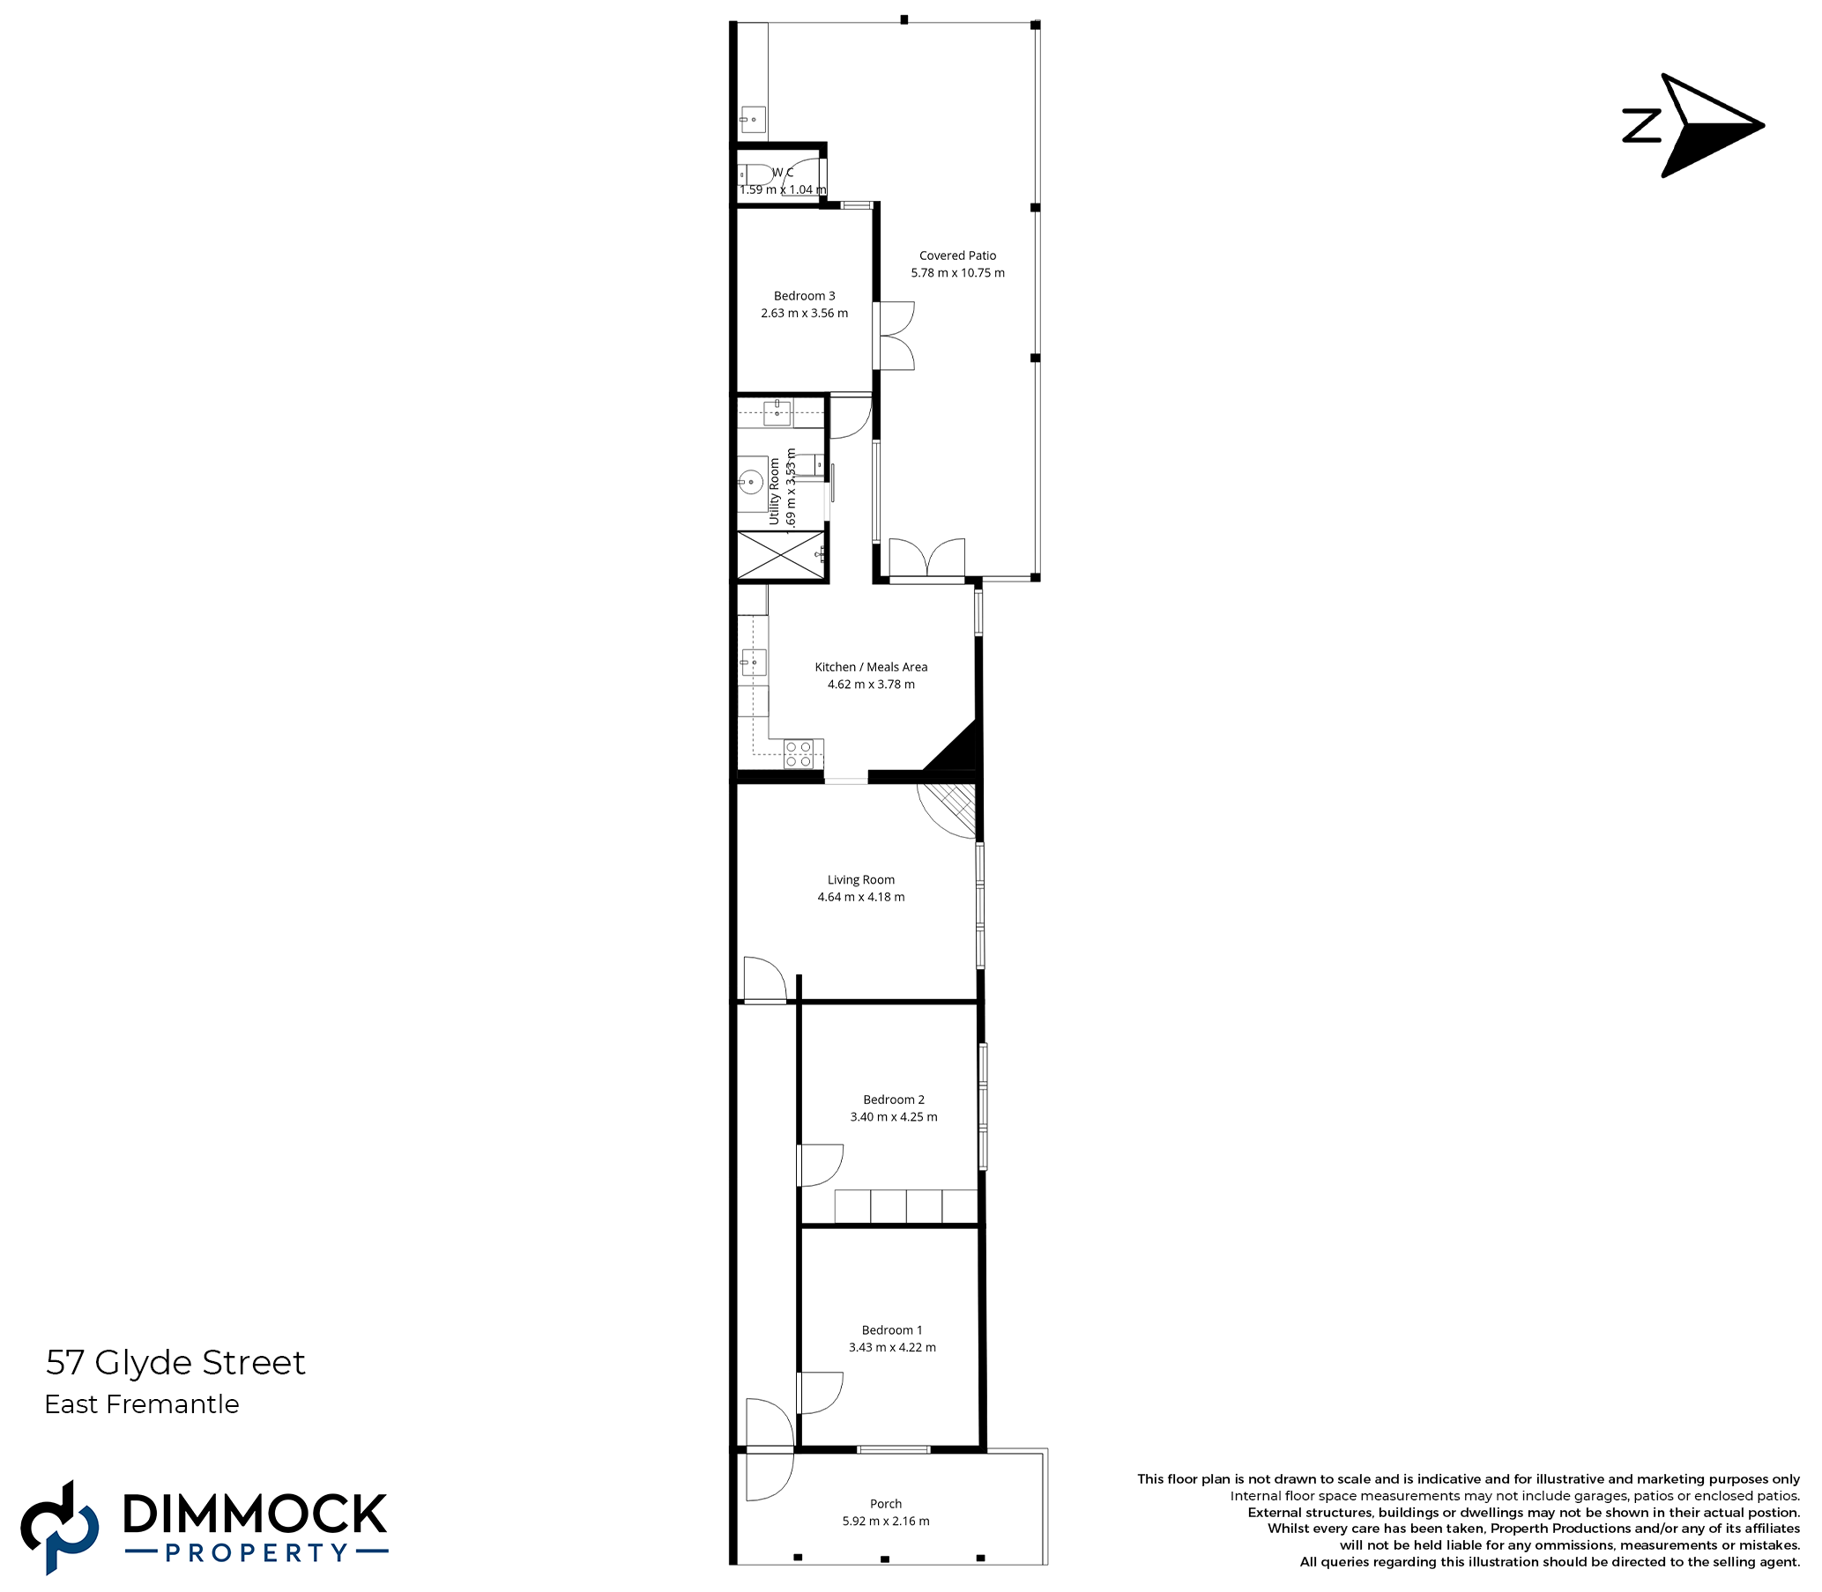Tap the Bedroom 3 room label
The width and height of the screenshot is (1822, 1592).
pyautogui.click(x=805, y=296)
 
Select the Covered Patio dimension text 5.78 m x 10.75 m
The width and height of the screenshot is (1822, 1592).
pyautogui.click(x=957, y=273)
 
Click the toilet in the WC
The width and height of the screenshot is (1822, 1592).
pyautogui.click(x=756, y=174)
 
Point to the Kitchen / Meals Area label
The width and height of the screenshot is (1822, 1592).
pyautogui.click(x=871, y=666)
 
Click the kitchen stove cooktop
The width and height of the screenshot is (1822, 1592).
pyautogui.click(x=798, y=754)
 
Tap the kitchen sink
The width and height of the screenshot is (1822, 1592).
pyautogui.click(x=754, y=662)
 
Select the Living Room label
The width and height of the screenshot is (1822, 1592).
pyautogui.click(x=861, y=879)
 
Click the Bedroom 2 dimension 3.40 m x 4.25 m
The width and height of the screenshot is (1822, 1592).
pyautogui.click(x=893, y=1117)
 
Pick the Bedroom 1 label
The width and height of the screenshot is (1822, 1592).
pyautogui.click(x=891, y=1330)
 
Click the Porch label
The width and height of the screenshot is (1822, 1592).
pyautogui.click(x=885, y=1503)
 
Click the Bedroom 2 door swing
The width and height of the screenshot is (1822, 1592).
pyautogui.click(x=820, y=1166)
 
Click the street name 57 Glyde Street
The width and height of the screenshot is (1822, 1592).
pyautogui.click(x=175, y=1363)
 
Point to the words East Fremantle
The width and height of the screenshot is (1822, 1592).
pyautogui.click(x=142, y=1404)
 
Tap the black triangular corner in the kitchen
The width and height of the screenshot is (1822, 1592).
pyautogui.click(x=953, y=748)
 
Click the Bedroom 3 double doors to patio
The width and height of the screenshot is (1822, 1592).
pyautogui.click(x=894, y=336)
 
